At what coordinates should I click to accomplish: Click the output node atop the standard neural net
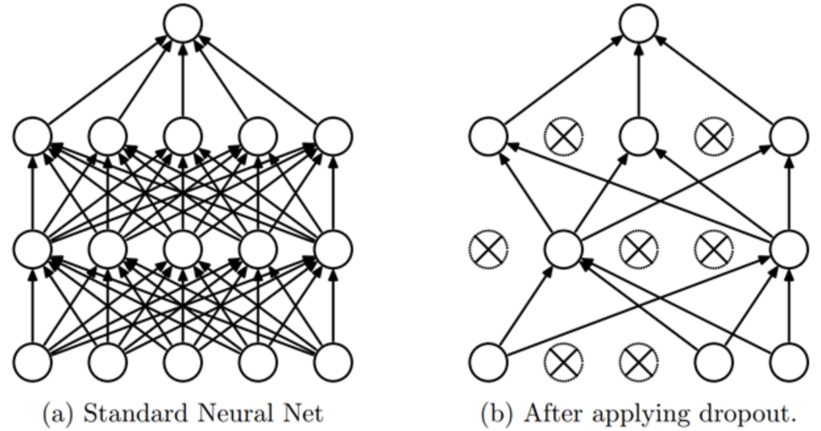tap(183, 23)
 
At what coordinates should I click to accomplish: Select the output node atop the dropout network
tap(638, 23)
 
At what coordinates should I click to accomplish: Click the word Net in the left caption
tap(304, 413)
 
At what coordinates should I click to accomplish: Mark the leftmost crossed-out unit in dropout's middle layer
tap(488, 249)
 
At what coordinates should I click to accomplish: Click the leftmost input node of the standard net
tap(32, 362)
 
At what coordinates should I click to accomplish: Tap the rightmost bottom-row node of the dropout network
tap(789, 362)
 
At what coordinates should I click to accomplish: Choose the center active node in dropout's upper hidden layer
tap(638, 136)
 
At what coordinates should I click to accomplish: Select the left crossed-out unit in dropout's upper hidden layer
tap(563, 136)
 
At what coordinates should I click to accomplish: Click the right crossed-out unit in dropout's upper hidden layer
tap(714, 136)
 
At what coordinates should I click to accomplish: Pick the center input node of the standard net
tap(183, 362)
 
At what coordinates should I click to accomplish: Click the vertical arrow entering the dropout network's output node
tap(638, 79)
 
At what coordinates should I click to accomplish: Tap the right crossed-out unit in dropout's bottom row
tap(638, 362)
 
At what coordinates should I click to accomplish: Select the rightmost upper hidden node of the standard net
tap(333, 136)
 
